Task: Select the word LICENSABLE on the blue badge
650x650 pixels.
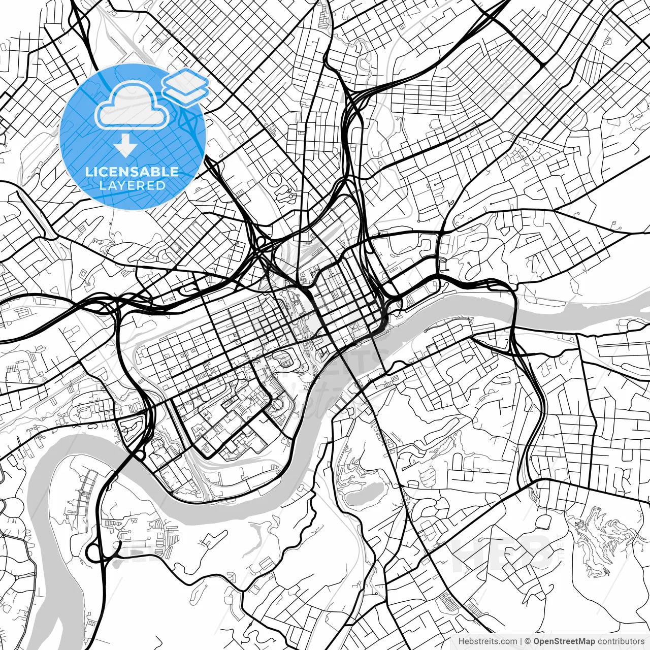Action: click(x=132, y=172)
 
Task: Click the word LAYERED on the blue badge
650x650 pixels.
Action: click(x=132, y=185)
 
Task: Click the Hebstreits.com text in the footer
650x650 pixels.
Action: click(x=488, y=641)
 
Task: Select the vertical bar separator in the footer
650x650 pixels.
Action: click(x=521, y=641)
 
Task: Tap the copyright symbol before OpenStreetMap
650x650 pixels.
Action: click(x=528, y=641)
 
